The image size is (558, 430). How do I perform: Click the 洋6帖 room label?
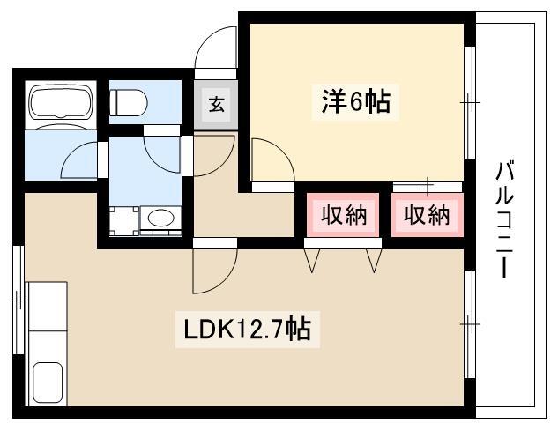[355, 101]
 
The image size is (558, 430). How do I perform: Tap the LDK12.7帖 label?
[248, 329]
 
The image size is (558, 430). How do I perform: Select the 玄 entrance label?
[216, 105]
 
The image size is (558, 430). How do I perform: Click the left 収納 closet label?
[344, 214]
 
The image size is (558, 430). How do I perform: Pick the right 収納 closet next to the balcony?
[427, 214]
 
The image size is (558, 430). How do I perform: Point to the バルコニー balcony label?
[504, 219]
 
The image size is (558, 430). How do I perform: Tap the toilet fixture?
[128, 102]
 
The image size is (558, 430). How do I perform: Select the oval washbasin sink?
[161, 217]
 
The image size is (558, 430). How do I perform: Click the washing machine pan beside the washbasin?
[123, 221]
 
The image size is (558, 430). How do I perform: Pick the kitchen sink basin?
[48, 382]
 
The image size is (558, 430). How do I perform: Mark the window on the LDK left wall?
[19, 300]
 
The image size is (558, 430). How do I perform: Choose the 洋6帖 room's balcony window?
[470, 102]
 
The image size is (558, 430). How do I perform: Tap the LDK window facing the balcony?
[470, 324]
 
